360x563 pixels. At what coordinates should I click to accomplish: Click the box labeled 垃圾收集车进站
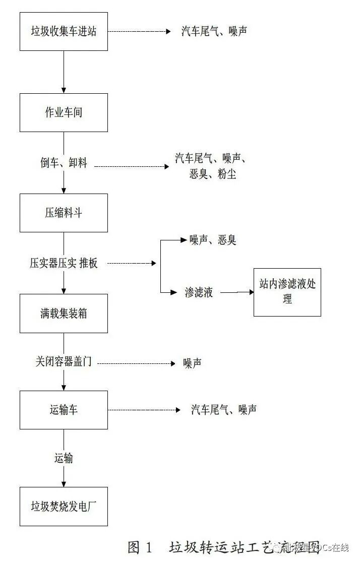tap(64, 31)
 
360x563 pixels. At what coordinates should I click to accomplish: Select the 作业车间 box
tap(64, 112)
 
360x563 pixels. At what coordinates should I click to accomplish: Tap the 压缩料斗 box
tap(64, 213)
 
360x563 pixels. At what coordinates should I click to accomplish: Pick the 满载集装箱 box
tap(64, 313)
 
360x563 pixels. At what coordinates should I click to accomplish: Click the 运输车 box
tap(64, 410)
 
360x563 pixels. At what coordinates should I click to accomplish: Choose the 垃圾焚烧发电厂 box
tap(64, 506)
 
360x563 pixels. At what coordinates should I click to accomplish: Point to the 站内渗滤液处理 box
tap(287, 291)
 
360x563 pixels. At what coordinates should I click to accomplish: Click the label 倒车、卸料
tap(64, 163)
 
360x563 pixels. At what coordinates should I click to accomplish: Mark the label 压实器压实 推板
tap(64, 263)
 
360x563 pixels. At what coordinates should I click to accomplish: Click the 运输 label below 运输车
tap(64, 458)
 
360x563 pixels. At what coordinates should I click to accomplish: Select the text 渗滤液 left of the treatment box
tap(199, 292)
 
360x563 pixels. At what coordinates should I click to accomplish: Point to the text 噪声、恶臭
tap(212, 240)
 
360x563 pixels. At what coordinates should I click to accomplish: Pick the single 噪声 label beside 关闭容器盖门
tap(192, 363)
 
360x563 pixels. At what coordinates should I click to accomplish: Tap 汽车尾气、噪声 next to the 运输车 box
tap(223, 410)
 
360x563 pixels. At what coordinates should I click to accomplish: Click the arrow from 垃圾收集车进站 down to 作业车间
tap(64, 72)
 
